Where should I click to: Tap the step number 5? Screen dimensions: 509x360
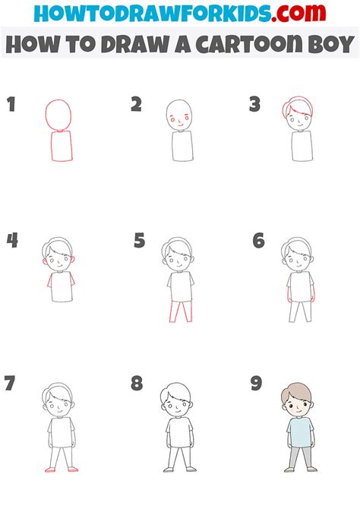pyautogui.click(x=139, y=241)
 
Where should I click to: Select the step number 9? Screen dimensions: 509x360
pyautogui.click(x=257, y=384)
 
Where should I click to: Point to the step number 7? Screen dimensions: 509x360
pyautogui.click(x=10, y=384)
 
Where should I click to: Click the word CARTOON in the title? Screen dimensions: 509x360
pyautogui.click(x=247, y=45)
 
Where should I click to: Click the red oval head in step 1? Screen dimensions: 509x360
pyautogui.click(x=58, y=114)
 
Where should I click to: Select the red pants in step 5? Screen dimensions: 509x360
pyautogui.click(x=180, y=311)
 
